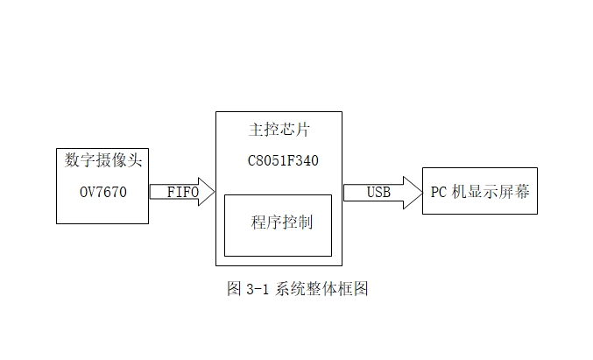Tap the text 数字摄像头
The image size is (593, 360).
click(x=103, y=161)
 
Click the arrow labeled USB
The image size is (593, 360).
click(x=382, y=192)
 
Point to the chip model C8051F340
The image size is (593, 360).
click(x=279, y=162)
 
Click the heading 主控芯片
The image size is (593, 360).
click(x=279, y=131)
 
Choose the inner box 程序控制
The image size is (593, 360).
click(x=279, y=222)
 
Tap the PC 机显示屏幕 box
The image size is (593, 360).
click(x=479, y=191)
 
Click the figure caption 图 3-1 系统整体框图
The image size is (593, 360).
click(x=297, y=289)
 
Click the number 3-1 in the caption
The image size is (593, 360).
click(x=254, y=289)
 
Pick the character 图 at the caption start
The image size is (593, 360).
click(x=233, y=289)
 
